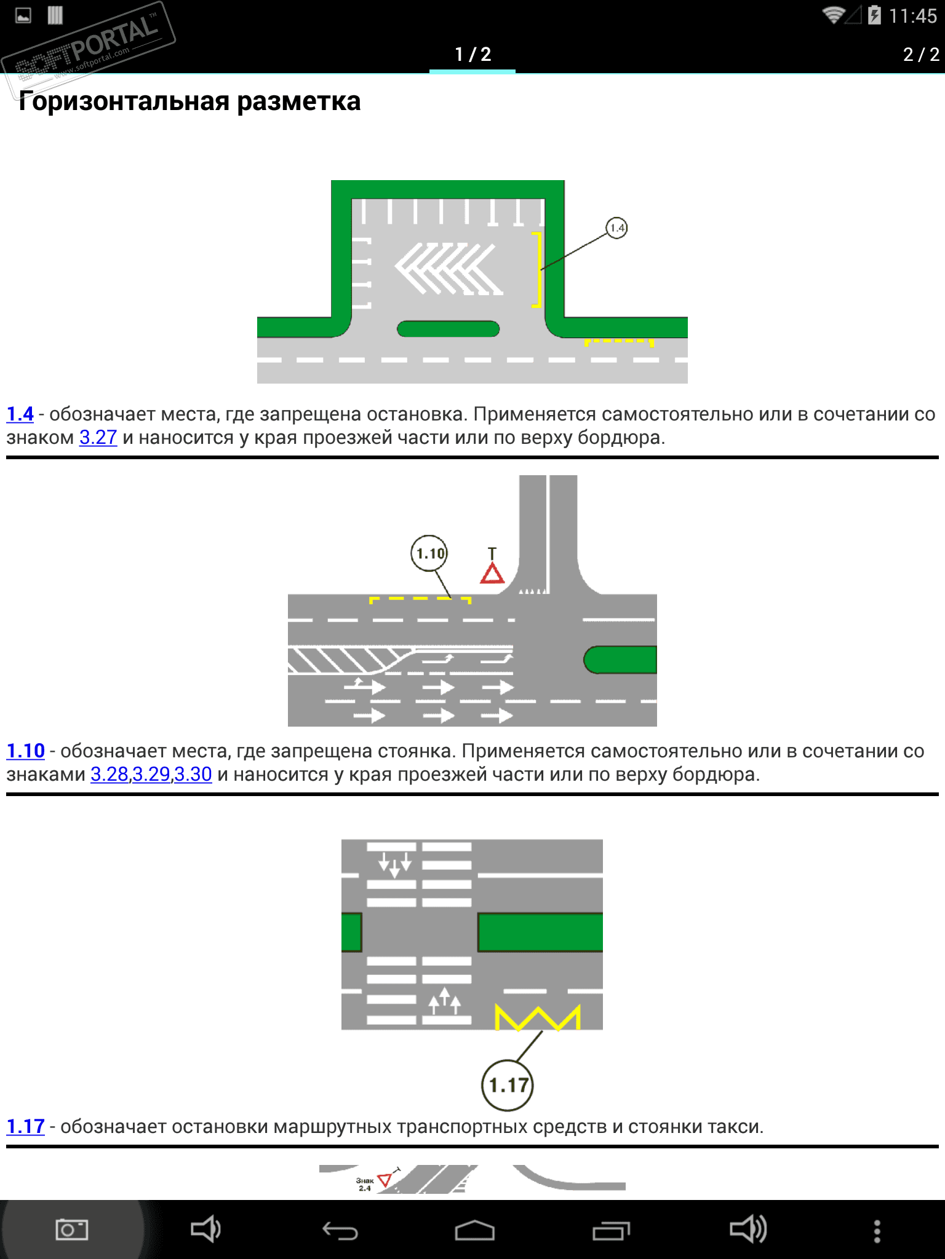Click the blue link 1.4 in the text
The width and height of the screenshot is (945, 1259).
[20, 414]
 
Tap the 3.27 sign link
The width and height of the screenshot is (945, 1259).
[98, 438]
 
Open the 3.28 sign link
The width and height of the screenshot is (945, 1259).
[110, 775]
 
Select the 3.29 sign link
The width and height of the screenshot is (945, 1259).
[151, 775]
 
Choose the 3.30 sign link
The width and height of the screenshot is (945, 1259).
[193, 775]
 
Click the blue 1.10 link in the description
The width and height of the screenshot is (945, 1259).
[25, 751]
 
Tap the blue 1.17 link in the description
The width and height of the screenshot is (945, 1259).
[25, 1127]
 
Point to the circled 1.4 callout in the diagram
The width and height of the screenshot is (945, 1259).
[616, 228]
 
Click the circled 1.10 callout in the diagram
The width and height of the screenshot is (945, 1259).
[429, 553]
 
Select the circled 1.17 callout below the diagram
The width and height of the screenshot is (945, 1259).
[508, 1086]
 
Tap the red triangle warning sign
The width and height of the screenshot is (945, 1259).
[492, 574]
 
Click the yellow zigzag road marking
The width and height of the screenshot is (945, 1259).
[538, 1017]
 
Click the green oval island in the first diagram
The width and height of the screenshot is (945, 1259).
[448, 329]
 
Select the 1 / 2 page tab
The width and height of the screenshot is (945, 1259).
[472, 54]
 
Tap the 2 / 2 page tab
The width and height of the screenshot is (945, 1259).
[920, 54]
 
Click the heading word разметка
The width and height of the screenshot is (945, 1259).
[298, 101]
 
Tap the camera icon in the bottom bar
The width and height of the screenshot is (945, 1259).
[71, 1230]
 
